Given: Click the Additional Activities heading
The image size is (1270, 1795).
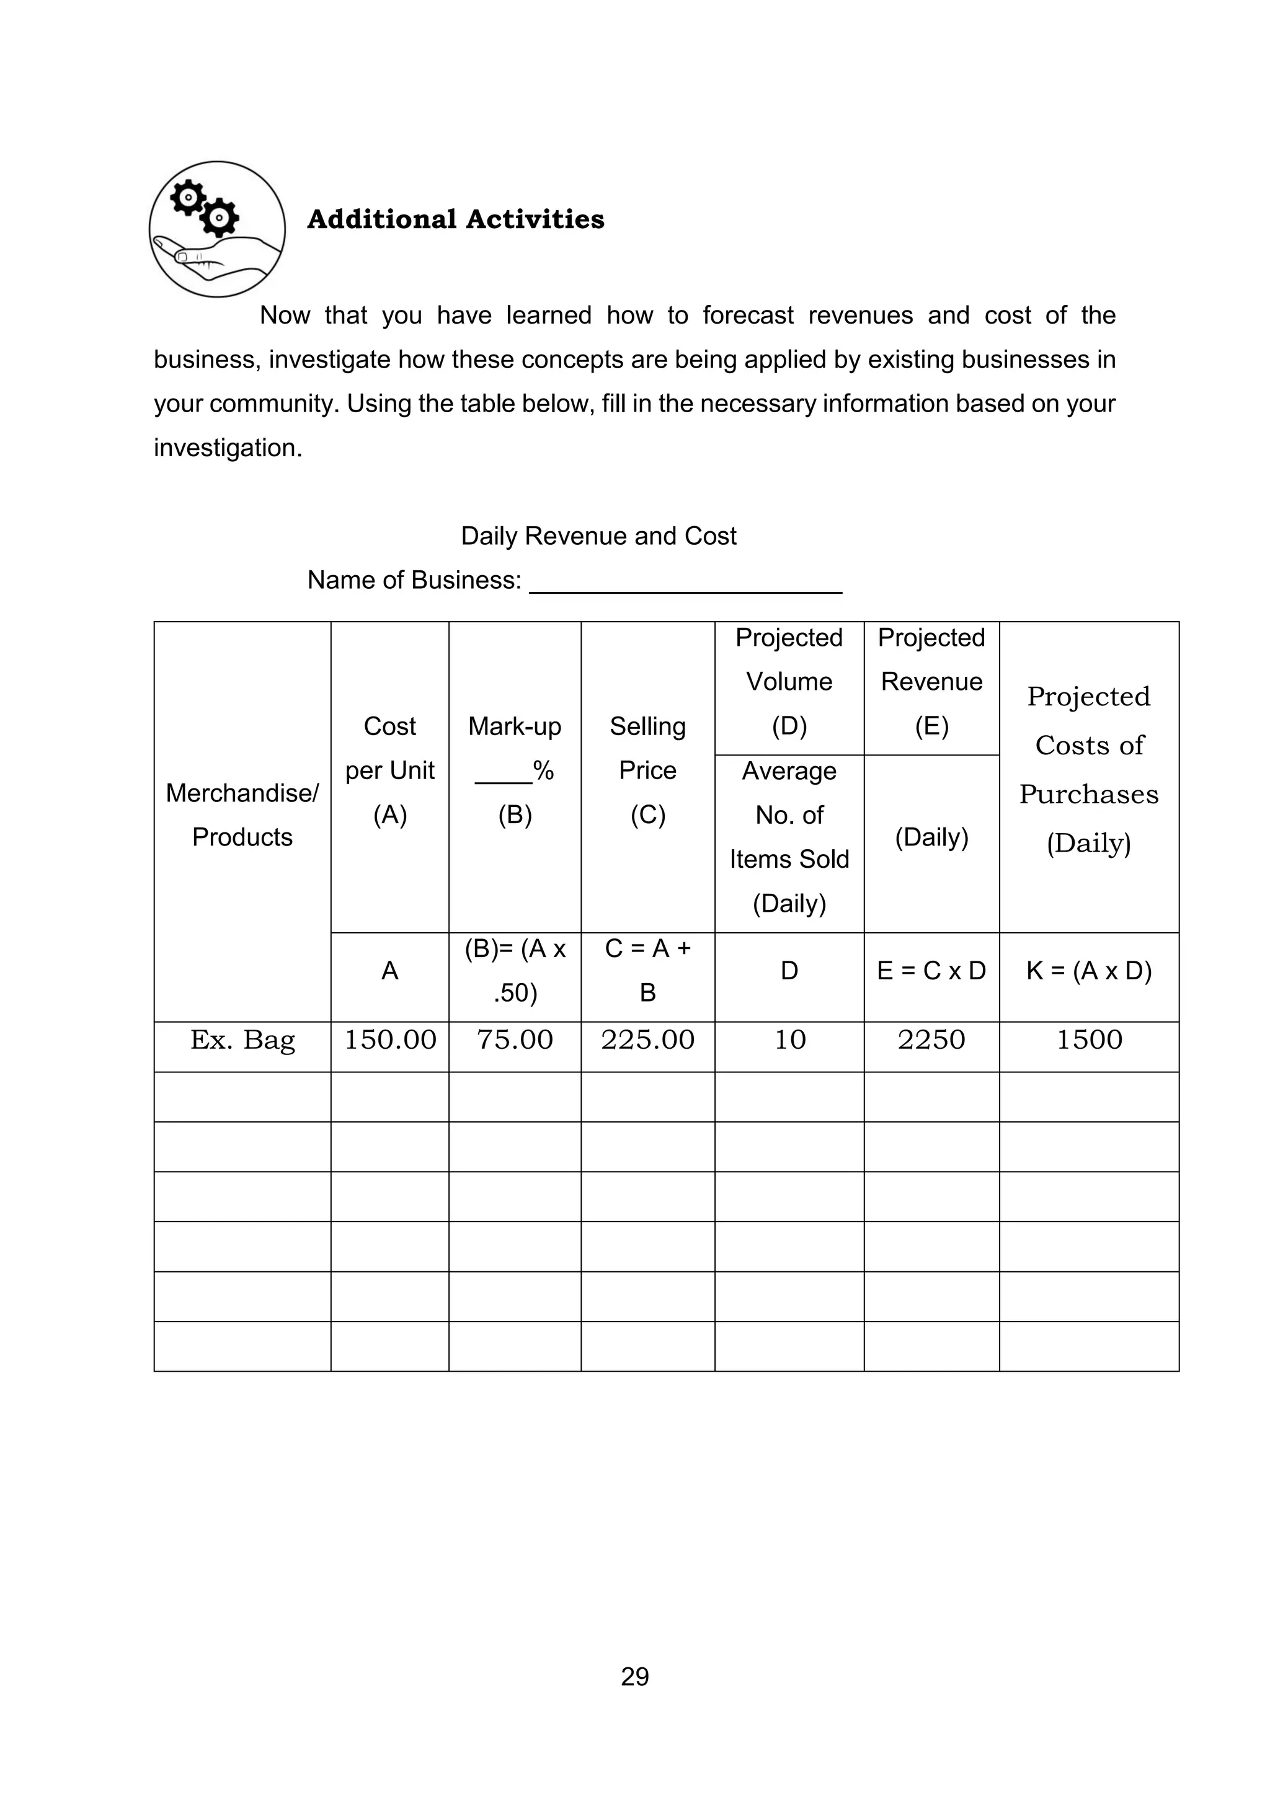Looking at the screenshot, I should pyautogui.click(x=455, y=219).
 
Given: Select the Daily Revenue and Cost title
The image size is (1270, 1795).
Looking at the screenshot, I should pyautogui.click(x=598, y=536).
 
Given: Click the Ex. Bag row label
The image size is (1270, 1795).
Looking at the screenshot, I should pyautogui.click(x=242, y=1040).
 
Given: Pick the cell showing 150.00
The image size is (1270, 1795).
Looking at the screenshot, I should pyautogui.click(x=389, y=1040).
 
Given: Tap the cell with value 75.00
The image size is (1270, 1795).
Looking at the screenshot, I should pyautogui.click(x=515, y=1040).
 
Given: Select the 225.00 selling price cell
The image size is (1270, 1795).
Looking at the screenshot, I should pyautogui.click(x=647, y=1040).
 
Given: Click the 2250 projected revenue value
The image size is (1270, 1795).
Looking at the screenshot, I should pyautogui.click(x=931, y=1040).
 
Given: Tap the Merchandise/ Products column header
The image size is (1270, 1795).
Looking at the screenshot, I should pyautogui.click(x=242, y=814).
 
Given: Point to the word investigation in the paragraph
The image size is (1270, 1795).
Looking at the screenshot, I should pyautogui.click(x=227, y=448).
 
